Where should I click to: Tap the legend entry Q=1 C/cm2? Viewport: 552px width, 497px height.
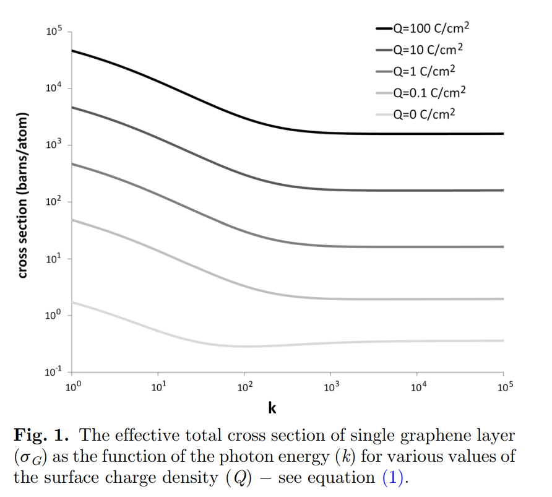(x=421, y=71)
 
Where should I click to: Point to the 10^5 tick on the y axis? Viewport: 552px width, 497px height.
(x=54, y=32)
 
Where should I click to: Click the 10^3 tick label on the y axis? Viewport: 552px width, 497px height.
(x=54, y=145)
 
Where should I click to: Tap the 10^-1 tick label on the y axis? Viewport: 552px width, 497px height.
(x=54, y=372)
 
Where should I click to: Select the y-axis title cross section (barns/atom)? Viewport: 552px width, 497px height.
(x=23, y=195)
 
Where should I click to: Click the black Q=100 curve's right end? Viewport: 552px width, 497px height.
(x=503, y=134)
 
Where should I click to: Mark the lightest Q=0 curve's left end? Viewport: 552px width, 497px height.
(x=73, y=302)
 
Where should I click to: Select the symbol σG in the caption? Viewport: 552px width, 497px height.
(x=29, y=458)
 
